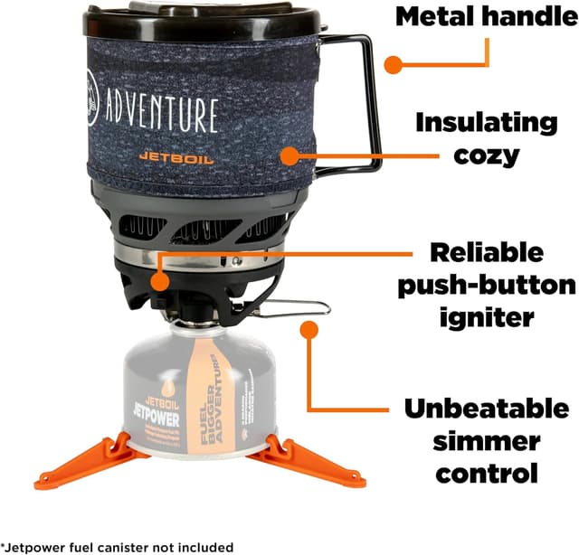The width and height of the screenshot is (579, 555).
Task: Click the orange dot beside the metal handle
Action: tap(393, 63)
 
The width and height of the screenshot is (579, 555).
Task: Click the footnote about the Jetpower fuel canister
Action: tap(118, 547)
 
